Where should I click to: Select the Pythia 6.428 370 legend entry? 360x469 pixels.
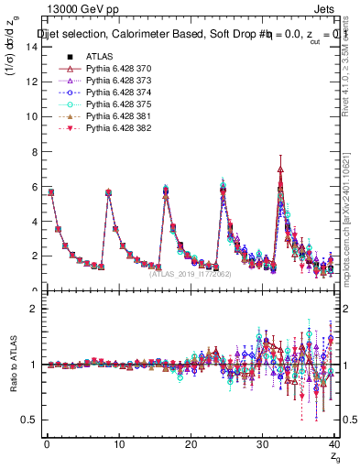pyautogui.click(x=116, y=70)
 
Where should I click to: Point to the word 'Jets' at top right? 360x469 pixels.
pyautogui.click(x=336, y=11)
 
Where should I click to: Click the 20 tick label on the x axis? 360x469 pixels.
pyautogui.click(x=191, y=444)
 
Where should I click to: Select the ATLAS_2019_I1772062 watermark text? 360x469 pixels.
pyautogui.click(x=190, y=273)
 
